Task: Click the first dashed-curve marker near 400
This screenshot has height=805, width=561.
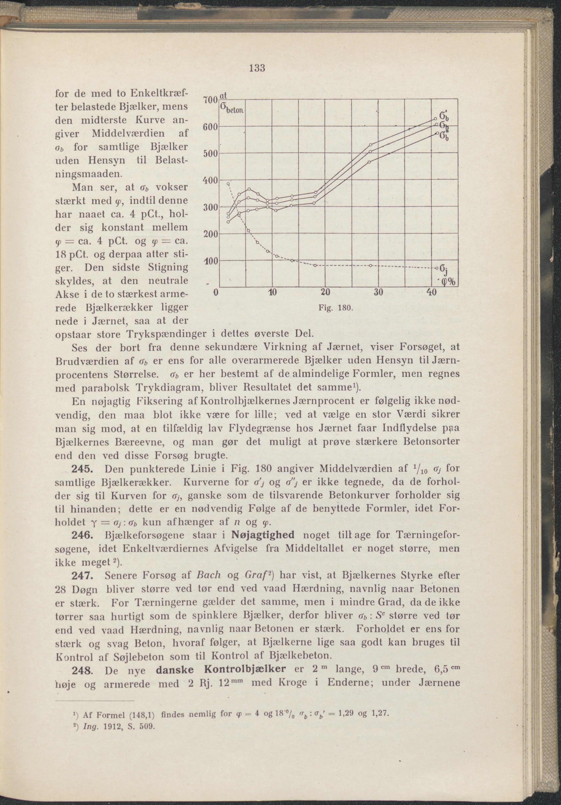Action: [x=228, y=183]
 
